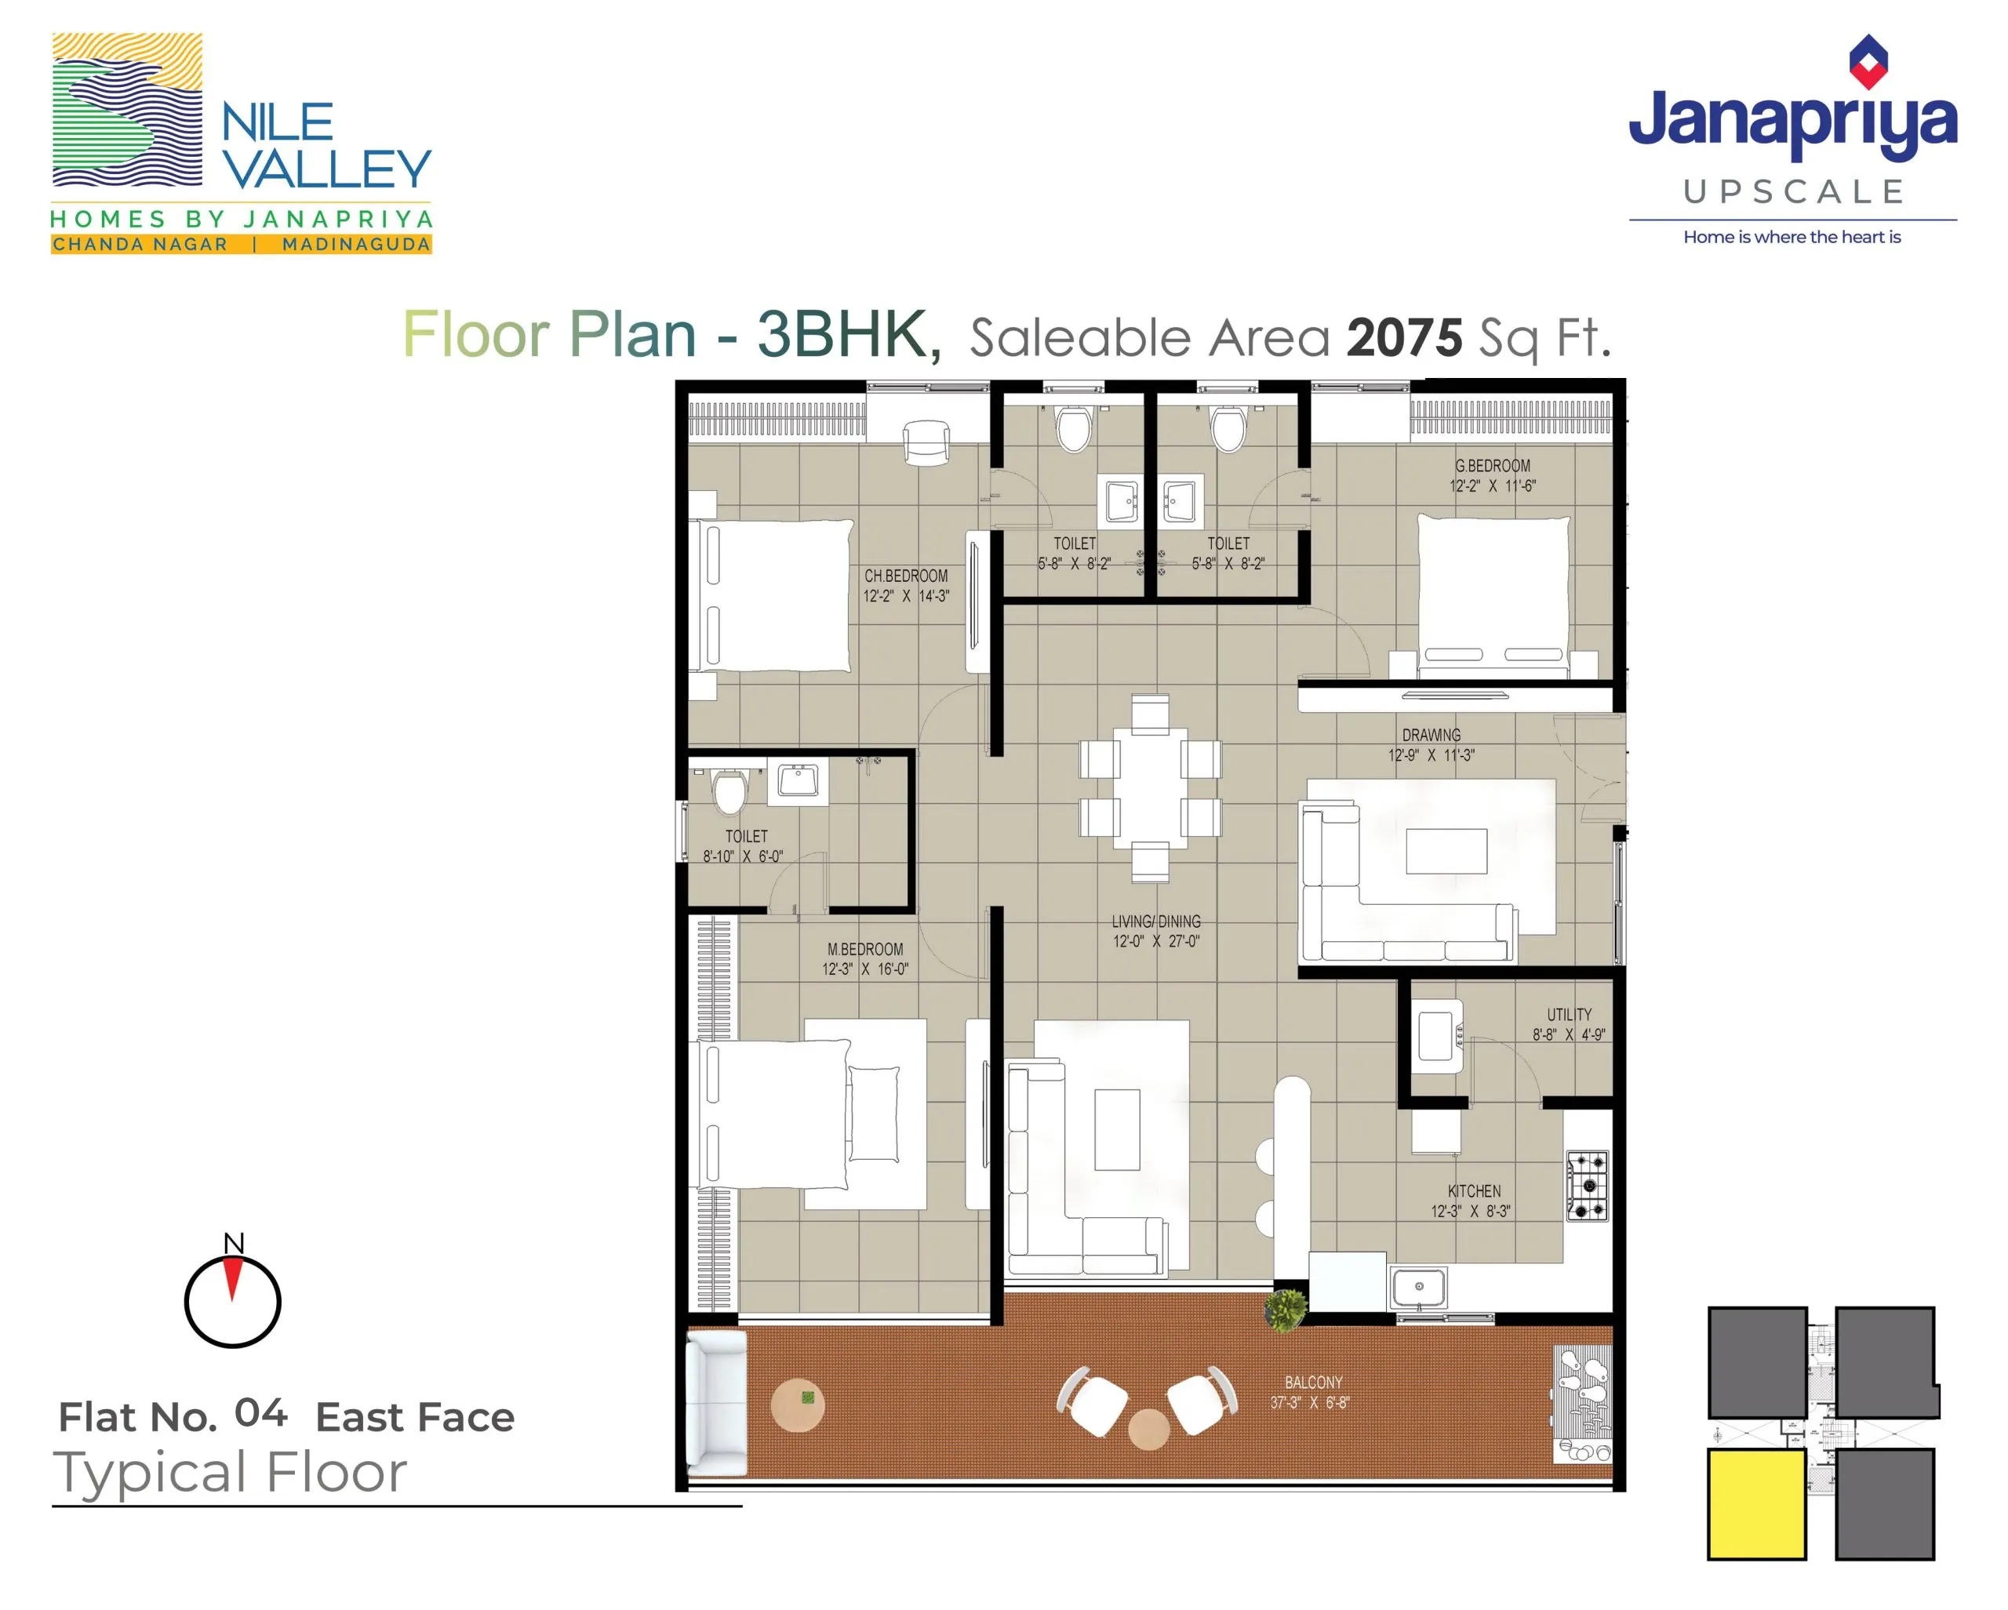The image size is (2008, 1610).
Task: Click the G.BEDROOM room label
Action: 1492,466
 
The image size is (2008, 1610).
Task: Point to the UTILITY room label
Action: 1569,1014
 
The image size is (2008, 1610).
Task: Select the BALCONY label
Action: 1313,1383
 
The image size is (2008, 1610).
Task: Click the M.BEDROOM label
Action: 865,949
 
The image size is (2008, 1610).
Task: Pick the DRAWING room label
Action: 1431,735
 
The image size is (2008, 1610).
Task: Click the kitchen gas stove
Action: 1587,1187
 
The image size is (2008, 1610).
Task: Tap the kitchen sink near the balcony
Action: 1418,1288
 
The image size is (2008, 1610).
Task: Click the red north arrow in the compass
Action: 233,1277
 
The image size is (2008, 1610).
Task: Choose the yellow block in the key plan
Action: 1756,1504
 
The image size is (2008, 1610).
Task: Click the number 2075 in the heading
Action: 1405,337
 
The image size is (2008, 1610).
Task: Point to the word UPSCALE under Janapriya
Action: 1793,192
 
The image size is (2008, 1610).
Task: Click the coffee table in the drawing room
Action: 1446,851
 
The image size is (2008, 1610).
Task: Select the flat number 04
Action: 260,1412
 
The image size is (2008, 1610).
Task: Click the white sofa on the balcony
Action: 716,1402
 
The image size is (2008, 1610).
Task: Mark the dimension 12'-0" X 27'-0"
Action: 1156,941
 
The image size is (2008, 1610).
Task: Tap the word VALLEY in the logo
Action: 327,169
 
